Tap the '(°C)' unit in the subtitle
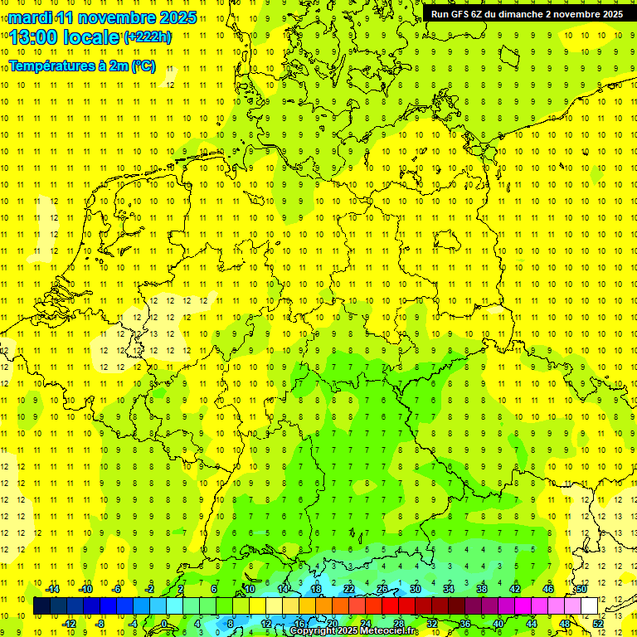coord(142,66)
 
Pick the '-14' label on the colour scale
coord(53,589)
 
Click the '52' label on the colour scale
coord(598,624)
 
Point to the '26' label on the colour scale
coord(382,589)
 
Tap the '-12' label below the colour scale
coord(69,624)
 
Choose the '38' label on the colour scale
coord(481,589)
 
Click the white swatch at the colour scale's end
coord(590,606)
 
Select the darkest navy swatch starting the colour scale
coord(41,606)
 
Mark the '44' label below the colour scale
coord(532,624)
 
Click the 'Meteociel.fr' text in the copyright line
coord(391,631)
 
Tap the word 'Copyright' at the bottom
coord(313,631)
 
